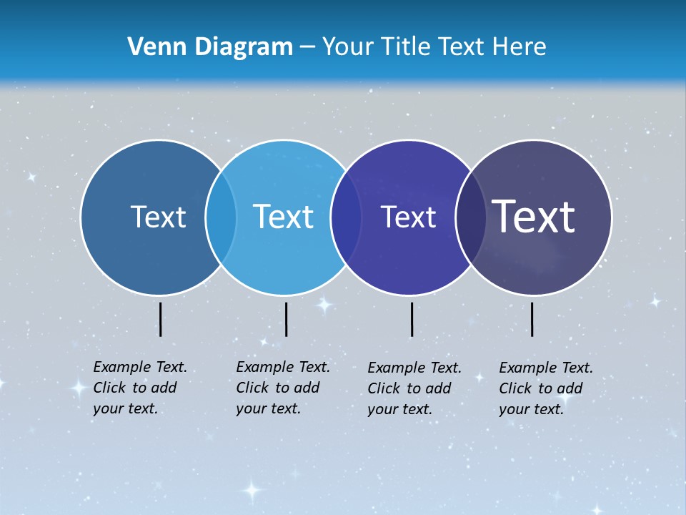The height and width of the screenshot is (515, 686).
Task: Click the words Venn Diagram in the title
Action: (210, 47)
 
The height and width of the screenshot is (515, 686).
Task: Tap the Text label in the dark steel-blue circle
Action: (158, 217)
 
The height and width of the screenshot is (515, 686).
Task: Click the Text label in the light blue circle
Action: (284, 217)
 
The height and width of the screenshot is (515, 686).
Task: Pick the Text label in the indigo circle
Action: (408, 217)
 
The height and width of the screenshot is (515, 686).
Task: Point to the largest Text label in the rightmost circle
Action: (534, 216)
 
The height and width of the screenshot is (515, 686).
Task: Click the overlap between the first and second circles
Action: (221, 217)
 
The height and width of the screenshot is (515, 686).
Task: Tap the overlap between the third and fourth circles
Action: (469, 217)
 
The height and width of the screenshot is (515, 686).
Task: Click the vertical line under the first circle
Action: (160, 319)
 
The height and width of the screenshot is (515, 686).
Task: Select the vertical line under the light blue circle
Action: (286, 319)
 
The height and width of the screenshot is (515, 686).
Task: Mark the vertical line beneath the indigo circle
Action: (412, 319)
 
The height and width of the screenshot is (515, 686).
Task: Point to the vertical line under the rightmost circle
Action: (532, 319)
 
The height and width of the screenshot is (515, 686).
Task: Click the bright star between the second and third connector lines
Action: (324, 305)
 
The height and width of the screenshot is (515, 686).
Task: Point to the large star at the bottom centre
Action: (252, 491)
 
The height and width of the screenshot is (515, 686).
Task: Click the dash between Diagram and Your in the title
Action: (307, 48)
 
